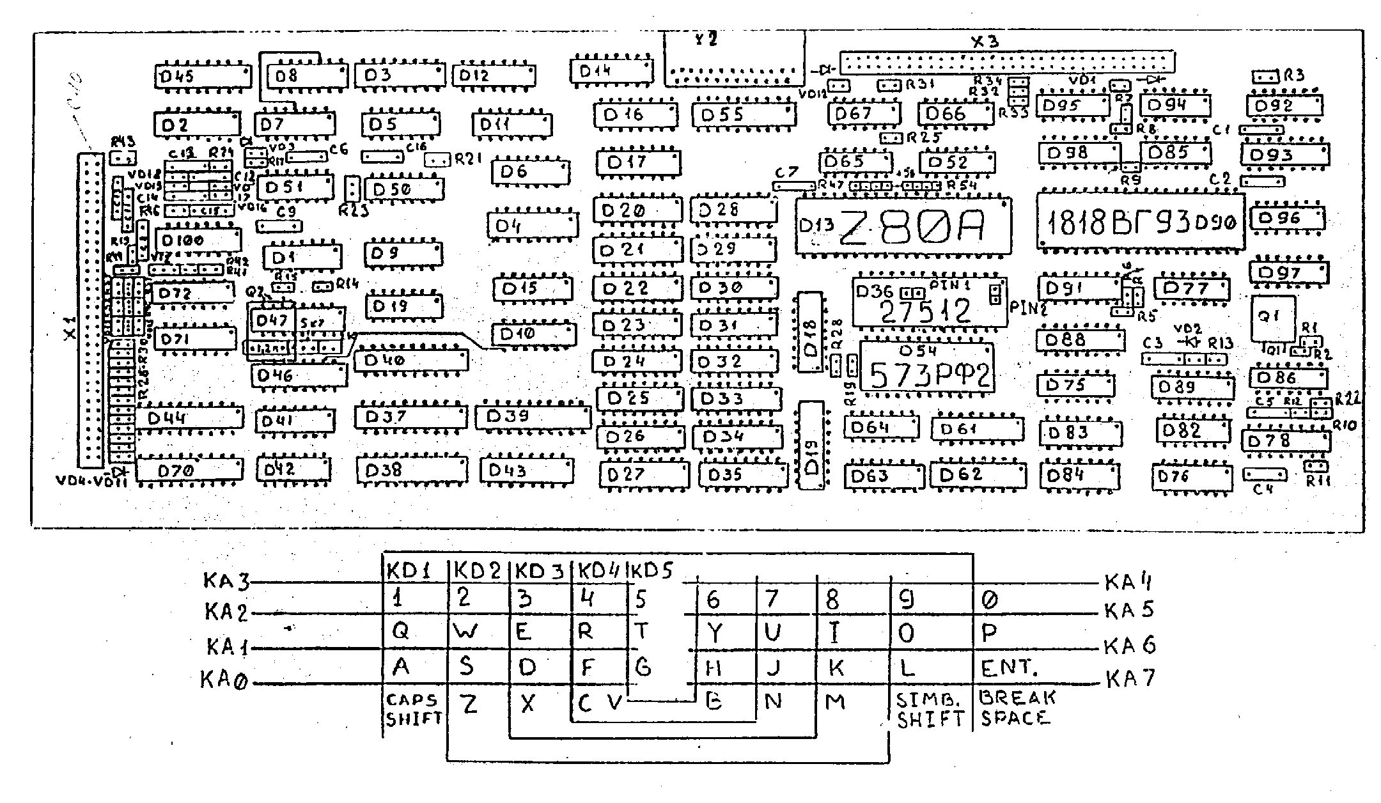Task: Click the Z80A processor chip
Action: click(x=903, y=226)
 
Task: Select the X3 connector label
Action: click(x=985, y=42)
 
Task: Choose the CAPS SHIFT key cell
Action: click(x=413, y=709)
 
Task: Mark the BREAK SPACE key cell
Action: click(x=1017, y=708)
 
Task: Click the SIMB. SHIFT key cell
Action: click(x=929, y=709)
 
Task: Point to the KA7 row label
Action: click(x=1129, y=678)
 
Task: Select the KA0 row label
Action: click(x=223, y=680)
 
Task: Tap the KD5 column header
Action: click(x=651, y=570)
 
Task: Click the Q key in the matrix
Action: click(x=400, y=631)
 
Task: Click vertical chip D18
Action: click(x=810, y=332)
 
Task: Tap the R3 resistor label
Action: click(x=1293, y=75)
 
